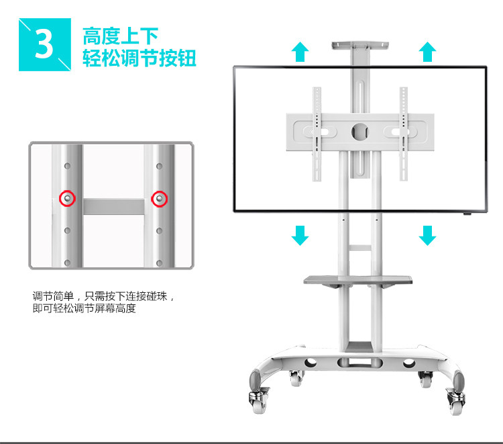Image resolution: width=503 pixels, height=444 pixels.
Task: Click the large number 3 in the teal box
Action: (44, 45)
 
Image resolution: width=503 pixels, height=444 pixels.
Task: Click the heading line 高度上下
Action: (119, 35)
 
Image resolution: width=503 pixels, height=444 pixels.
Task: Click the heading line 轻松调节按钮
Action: (139, 58)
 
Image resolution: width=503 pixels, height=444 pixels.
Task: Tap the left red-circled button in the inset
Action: (67, 198)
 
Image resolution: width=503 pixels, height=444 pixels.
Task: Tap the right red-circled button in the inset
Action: (159, 198)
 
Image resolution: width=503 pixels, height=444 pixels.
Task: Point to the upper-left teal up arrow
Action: (300, 52)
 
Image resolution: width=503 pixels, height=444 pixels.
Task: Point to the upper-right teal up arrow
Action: (427, 52)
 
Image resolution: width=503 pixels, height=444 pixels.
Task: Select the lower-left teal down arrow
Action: (300, 235)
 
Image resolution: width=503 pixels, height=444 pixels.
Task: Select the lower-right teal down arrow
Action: (427, 235)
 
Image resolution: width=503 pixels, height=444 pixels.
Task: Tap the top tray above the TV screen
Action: (361, 46)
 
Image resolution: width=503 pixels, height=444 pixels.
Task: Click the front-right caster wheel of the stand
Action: (455, 400)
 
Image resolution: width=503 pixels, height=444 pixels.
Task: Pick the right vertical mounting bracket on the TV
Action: (404, 134)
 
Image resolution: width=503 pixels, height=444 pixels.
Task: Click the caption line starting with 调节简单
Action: (107, 296)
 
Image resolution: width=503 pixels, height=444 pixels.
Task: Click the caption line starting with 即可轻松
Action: (84, 309)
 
